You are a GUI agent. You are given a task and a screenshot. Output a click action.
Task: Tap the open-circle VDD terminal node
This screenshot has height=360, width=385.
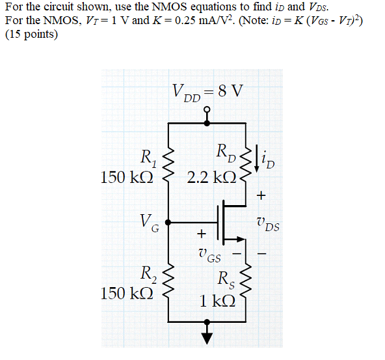coord(207,109)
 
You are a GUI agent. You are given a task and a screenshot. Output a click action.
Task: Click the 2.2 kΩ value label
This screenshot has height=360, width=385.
coord(211,178)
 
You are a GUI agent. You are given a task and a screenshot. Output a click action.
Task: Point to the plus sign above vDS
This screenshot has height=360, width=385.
coord(262,194)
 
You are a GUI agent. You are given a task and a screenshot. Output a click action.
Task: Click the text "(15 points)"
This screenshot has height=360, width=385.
coord(31,35)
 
